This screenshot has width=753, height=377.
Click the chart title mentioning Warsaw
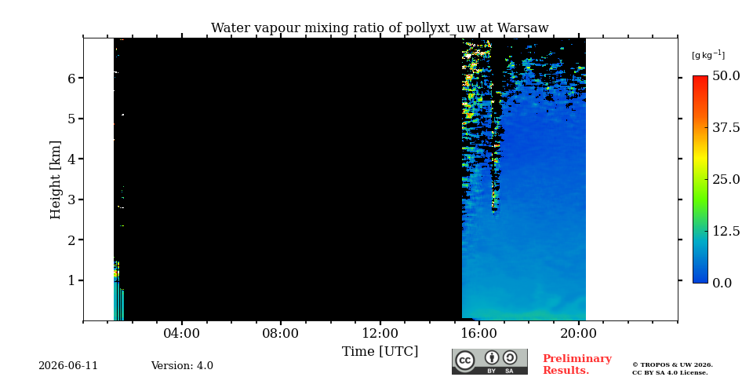[380, 28]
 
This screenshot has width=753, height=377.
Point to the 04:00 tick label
[182, 333]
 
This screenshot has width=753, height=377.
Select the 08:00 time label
[281, 333]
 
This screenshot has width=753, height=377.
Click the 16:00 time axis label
[479, 333]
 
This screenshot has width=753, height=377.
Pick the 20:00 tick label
[579, 333]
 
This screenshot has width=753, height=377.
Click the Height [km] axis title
[56, 180]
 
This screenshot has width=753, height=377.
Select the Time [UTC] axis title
[380, 352]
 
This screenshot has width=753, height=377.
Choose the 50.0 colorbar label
[726, 75]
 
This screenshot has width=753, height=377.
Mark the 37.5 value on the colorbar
[726, 127]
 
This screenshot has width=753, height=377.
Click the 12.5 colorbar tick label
[726, 231]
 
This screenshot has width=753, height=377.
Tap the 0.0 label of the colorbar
[722, 283]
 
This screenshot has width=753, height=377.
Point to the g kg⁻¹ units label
[708, 55]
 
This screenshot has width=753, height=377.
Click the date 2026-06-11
[68, 366]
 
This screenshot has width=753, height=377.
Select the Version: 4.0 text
[182, 366]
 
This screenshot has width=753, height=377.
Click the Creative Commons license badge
[489, 361]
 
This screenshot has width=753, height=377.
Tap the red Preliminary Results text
[577, 364]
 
